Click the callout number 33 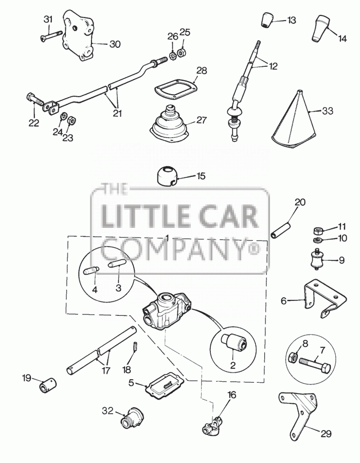click(x=327, y=111)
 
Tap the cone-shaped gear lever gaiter click(x=293, y=121)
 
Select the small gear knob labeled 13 click(x=267, y=21)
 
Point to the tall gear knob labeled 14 click(x=320, y=28)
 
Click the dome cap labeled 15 click(x=167, y=176)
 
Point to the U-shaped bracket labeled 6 click(x=325, y=298)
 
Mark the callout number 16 click(x=232, y=395)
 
